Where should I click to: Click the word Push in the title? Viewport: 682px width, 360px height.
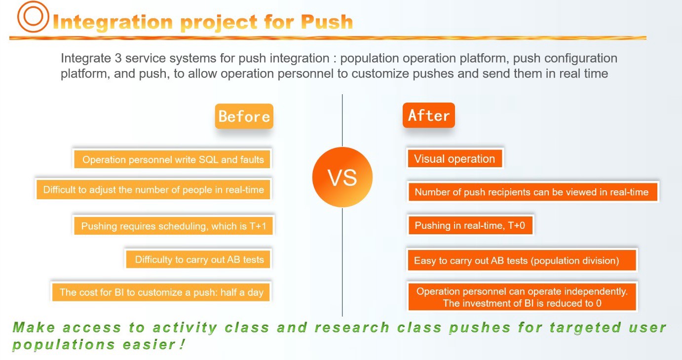(327, 22)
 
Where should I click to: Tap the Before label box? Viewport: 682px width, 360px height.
(244, 116)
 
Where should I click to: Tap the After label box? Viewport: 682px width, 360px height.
(429, 115)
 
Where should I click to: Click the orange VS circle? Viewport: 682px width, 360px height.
(342, 177)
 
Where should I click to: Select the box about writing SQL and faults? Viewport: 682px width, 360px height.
(172, 159)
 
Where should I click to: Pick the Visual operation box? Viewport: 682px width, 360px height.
(455, 158)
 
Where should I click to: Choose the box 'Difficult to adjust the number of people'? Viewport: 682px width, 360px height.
(153, 189)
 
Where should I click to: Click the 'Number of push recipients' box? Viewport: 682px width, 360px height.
(532, 192)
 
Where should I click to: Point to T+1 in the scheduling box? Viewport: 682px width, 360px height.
(258, 226)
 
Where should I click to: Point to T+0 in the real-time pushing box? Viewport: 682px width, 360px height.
(516, 225)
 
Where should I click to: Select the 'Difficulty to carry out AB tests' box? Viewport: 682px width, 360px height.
(198, 259)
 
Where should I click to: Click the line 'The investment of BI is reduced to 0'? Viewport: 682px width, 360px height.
(522, 303)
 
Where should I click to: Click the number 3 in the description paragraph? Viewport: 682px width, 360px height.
(118, 58)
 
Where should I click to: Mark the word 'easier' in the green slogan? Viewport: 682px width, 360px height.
(149, 345)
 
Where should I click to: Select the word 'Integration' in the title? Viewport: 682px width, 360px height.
(113, 22)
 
